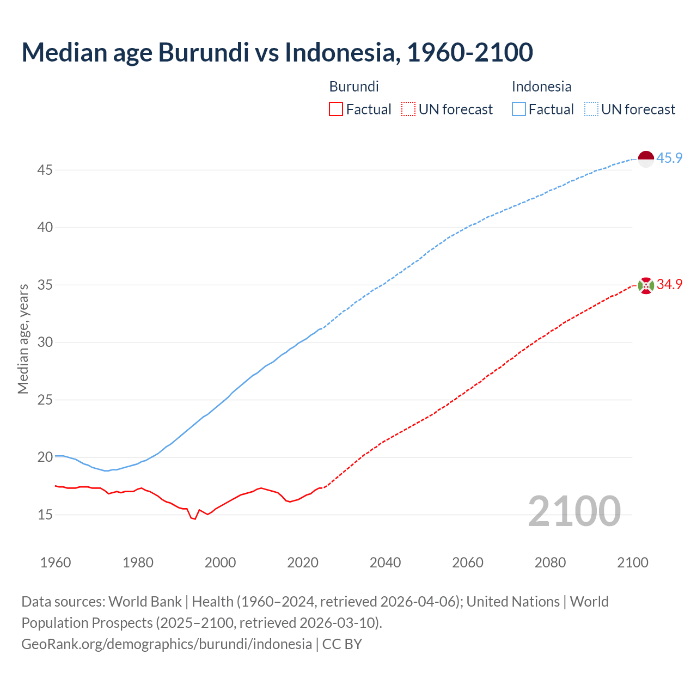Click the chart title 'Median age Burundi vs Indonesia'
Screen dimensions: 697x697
coord(277,52)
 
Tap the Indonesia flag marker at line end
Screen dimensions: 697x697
coord(646,159)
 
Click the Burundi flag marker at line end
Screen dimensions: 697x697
coord(646,285)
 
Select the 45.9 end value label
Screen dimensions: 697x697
coord(669,158)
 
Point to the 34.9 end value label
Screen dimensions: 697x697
coord(669,285)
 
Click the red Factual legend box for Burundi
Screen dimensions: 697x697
coord(336,109)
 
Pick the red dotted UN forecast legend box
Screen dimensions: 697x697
coord(408,109)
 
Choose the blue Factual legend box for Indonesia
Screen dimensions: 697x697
coord(519,109)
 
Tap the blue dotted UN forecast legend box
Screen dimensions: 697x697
coord(591,109)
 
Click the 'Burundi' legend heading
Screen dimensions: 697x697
coord(354,87)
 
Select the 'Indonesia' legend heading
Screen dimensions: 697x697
coord(541,87)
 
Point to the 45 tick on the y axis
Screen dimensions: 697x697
coord(45,170)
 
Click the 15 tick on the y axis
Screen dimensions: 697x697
coord(45,515)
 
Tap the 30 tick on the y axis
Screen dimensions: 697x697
coord(45,343)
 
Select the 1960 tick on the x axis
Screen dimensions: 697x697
coord(56,563)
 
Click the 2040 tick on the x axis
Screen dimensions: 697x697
coord(385,563)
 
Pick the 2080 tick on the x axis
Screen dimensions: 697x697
coord(550,563)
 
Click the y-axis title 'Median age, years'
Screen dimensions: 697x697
coord(23,339)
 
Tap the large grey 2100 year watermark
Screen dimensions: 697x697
coord(574,511)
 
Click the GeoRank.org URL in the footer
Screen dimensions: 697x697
coord(167,644)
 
